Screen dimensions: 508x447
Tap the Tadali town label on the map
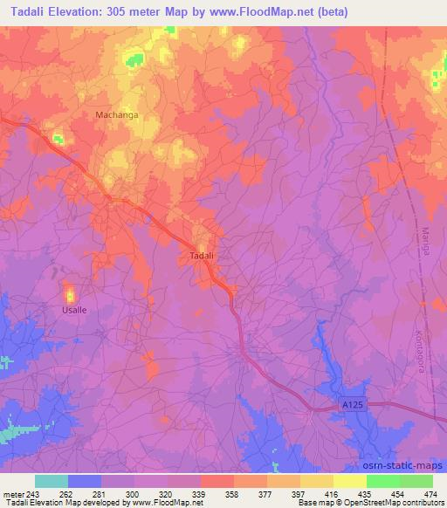[202, 256]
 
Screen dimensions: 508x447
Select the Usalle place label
[74, 310]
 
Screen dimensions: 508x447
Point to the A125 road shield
[351, 406]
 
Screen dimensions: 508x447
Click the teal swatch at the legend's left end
[52, 481]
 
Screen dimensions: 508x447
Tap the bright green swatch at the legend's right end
[416, 481]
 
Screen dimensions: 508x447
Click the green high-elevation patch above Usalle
[69, 294]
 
